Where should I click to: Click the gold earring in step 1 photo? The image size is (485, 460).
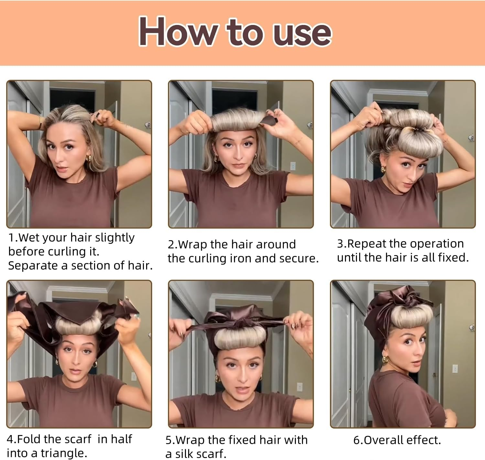pos(88,159)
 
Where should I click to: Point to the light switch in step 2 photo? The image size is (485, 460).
pos(293,166)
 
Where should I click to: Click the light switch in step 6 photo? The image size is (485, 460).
pos(455,368)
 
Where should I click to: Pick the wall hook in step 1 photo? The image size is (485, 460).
pos(147,125)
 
